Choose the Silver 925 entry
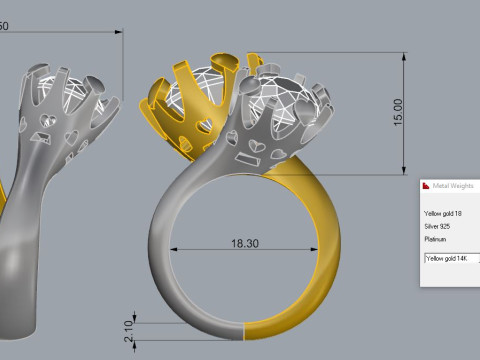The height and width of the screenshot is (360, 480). (439, 227)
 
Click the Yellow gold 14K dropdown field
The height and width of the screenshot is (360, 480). (451, 258)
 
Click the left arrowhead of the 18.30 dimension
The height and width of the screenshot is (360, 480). (176, 248)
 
